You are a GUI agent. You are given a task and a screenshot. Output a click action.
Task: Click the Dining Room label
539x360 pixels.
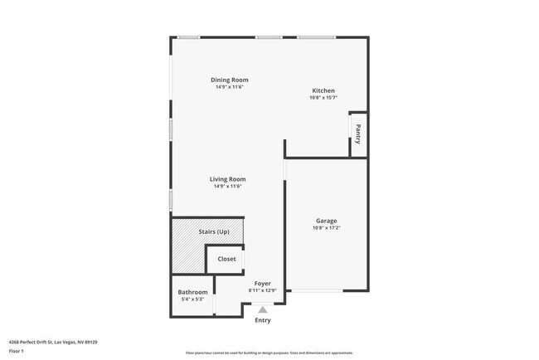pos(229,80)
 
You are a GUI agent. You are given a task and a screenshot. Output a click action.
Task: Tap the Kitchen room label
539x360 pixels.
pos(323,90)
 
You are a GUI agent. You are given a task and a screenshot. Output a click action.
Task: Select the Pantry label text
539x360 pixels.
pos(358,134)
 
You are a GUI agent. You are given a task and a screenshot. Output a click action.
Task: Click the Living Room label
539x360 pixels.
pos(227,179)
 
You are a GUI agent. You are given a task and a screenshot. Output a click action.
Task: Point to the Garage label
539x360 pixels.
pos(326,221)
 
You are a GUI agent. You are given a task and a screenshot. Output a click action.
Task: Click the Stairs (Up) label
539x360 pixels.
pos(214,231)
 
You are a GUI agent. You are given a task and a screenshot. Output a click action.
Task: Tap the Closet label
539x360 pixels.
pos(226,259)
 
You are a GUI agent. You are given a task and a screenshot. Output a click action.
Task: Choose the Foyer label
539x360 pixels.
pos(262,284)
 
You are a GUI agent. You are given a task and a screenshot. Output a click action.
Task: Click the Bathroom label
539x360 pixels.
pos(192,292)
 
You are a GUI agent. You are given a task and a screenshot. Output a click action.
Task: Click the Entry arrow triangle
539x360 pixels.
pos(262,309)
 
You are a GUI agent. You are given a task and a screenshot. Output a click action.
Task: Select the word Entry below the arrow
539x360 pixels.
pos(262,320)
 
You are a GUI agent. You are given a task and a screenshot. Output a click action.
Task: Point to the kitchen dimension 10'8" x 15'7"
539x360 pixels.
pos(323,98)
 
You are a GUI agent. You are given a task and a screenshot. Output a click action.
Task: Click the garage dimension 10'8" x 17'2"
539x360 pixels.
pos(326,228)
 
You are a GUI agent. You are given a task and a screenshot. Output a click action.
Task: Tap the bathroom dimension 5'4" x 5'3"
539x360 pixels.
pos(192,299)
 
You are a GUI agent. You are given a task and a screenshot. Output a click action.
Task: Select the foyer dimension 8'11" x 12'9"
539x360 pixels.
pos(262,291)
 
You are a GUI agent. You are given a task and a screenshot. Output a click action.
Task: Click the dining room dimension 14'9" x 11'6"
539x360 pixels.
pos(229,87)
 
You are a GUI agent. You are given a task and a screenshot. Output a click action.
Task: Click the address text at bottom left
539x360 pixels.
pos(53,342)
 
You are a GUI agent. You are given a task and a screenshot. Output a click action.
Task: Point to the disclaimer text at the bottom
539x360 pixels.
pos(269,353)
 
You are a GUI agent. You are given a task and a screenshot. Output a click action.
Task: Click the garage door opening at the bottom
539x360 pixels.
pos(315,290)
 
